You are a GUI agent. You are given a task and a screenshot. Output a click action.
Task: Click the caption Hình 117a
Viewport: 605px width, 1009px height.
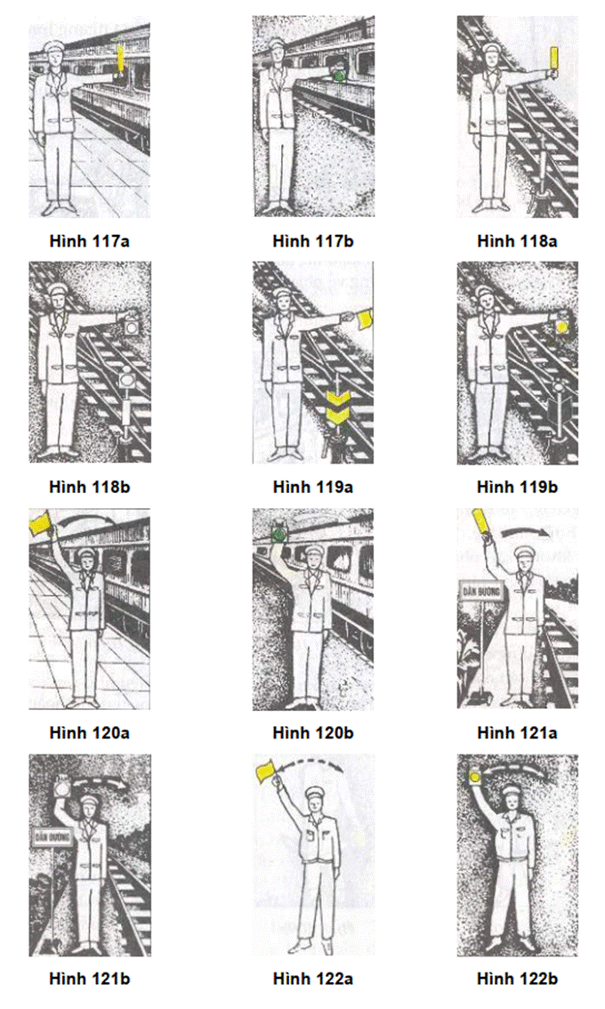pos(89,241)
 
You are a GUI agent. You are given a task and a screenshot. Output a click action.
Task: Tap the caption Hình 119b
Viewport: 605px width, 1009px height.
pos(517,487)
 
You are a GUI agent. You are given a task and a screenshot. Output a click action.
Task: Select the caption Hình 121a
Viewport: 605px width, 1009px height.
pos(517,733)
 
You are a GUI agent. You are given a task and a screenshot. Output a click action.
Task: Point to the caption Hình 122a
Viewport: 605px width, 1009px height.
pos(313,979)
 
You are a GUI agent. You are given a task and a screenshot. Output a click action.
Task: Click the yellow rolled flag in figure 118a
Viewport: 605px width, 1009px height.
pos(553,62)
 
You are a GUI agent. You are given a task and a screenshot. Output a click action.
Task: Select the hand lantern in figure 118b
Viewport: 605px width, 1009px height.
pos(133,327)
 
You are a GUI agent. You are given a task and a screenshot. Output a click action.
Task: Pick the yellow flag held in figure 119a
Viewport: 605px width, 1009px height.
pos(366,318)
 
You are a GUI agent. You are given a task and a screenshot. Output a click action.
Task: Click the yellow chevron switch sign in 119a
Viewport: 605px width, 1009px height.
pos(338,408)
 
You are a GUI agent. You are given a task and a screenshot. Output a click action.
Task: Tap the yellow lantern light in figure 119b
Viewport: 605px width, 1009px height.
pos(561,327)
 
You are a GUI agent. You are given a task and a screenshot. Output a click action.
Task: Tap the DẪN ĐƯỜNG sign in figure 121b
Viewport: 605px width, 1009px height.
pos(52,837)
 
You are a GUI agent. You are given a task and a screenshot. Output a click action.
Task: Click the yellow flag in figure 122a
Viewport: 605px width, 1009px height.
pos(266,770)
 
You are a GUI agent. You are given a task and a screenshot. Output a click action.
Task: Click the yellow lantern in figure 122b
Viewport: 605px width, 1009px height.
pos(476,778)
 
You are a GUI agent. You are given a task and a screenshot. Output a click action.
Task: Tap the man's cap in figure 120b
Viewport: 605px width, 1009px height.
pos(313,553)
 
